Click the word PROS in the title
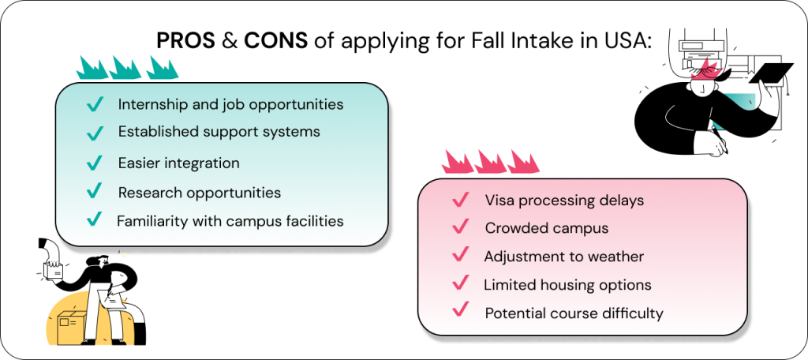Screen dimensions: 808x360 [186, 40]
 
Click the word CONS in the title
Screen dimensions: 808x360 [275, 40]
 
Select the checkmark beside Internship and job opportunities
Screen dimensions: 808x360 [95, 104]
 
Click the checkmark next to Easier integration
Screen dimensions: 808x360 [95, 163]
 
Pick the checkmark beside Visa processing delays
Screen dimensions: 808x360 [460, 200]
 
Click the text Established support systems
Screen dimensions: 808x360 [219, 132]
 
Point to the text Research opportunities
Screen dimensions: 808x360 [200, 193]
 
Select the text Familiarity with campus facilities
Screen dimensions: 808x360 [230, 221]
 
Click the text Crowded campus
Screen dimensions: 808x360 [546, 228]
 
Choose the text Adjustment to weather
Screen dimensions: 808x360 [563, 257]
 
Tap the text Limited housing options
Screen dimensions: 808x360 [567, 285]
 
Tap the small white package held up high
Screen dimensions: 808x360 [54, 270]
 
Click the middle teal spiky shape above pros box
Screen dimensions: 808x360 [125, 68]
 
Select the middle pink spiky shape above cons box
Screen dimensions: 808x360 [490, 161]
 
